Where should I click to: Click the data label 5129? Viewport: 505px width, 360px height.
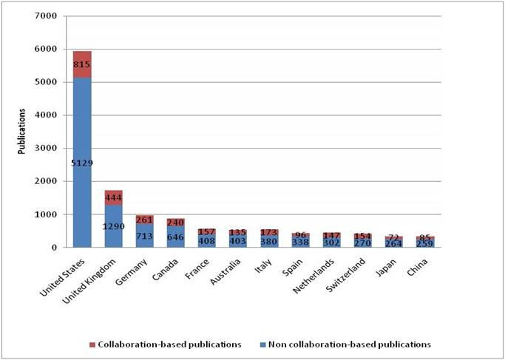click(82, 162)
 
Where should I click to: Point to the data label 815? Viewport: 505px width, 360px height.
click(82, 64)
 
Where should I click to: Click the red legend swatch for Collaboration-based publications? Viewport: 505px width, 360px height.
click(91, 344)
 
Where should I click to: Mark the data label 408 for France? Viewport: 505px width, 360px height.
click(206, 240)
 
